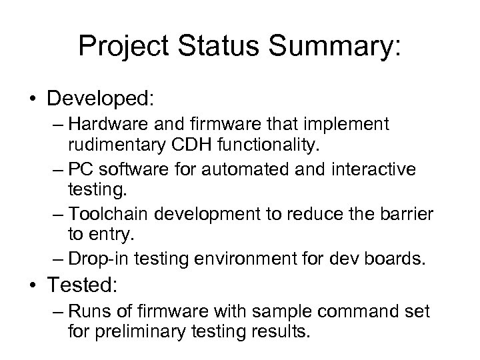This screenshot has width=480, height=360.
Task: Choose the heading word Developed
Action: [x=100, y=99]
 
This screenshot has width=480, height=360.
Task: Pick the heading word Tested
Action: [x=82, y=287]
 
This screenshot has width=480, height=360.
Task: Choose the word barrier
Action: [x=407, y=214]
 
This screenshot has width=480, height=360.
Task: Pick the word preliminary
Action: [x=140, y=331]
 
